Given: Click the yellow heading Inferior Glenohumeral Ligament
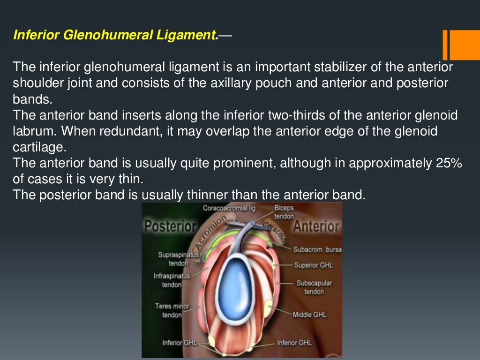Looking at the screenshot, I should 115,35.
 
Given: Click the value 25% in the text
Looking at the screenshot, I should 447,164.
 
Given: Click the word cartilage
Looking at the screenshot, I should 39,147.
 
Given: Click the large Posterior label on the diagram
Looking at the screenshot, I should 170,226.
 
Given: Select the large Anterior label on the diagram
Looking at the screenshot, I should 316,226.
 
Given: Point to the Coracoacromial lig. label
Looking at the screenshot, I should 230,208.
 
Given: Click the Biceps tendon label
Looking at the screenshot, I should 284,212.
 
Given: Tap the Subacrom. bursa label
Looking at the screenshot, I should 317,249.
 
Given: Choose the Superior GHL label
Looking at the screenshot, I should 313,265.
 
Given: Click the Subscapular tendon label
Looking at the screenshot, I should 314,287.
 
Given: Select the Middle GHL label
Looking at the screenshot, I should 309,315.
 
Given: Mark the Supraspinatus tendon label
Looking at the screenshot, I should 172,259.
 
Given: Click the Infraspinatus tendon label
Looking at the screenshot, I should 172,280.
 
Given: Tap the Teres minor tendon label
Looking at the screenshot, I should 172,310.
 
